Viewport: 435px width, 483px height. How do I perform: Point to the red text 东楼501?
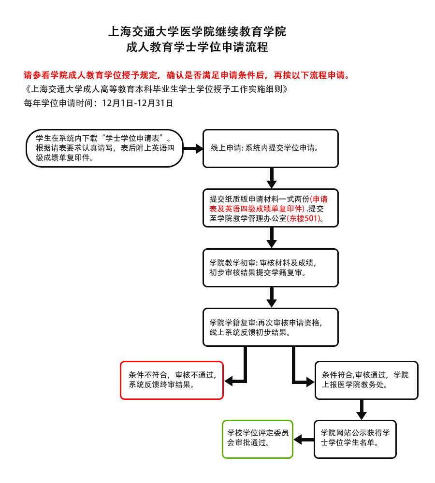[x=304, y=218]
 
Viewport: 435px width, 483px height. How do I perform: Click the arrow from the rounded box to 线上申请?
[x=193, y=148]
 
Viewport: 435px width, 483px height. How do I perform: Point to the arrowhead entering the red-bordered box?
[x=229, y=382]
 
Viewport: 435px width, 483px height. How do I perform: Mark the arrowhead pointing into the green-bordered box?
[x=298, y=440]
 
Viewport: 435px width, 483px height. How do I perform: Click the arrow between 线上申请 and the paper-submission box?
[x=271, y=178]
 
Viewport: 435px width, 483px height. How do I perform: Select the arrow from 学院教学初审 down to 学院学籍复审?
[x=271, y=297]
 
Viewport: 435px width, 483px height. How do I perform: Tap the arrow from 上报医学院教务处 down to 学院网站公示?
[x=362, y=410]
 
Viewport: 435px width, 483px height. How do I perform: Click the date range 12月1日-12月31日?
[x=137, y=103]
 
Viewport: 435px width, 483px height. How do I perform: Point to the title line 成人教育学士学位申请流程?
[x=197, y=47]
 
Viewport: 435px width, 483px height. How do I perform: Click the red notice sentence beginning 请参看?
[x=187, y=75]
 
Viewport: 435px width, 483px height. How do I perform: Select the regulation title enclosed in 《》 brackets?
[x=156, y=89]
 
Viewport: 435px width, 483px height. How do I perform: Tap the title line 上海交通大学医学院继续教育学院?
[x=197, y=31]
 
